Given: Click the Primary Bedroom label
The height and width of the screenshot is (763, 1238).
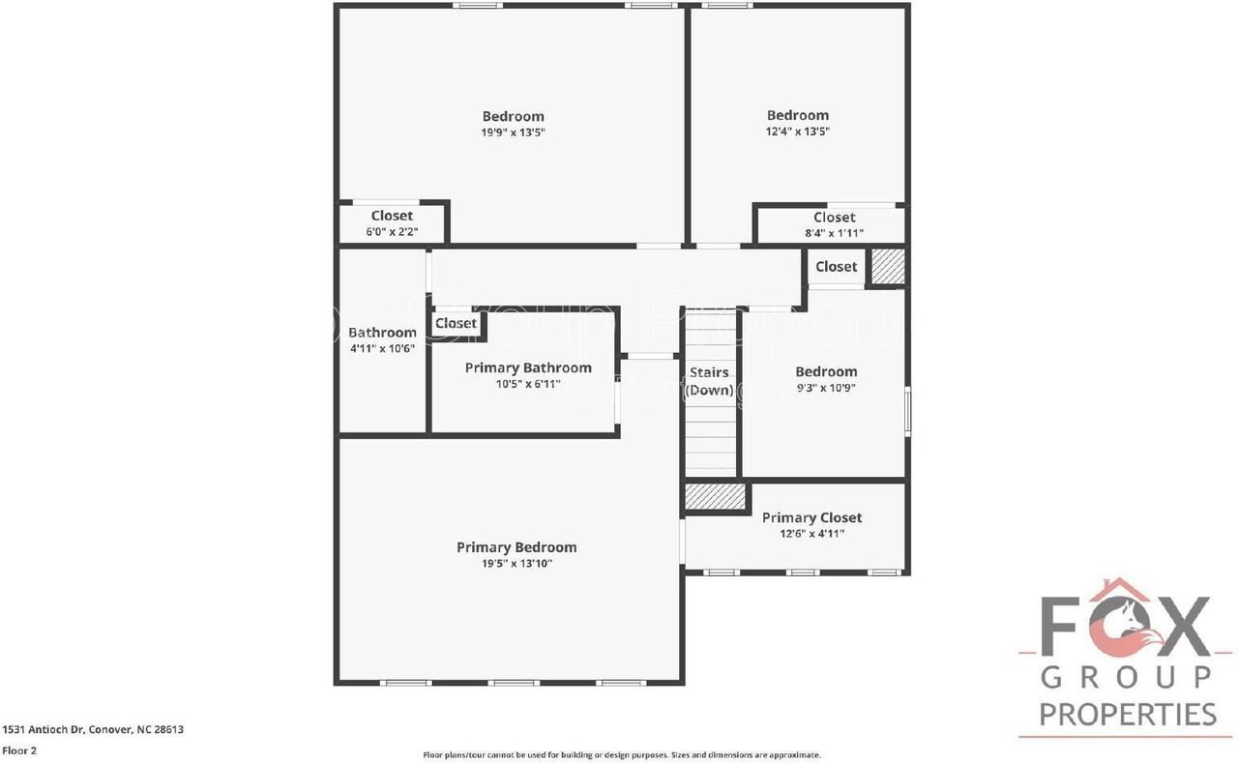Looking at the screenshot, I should [516, 547].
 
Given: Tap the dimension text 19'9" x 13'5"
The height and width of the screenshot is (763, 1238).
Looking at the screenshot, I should [513, 132].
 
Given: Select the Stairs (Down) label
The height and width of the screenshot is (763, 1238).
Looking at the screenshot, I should [709, 381].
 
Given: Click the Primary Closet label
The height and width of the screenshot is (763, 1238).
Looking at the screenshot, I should [811, 517].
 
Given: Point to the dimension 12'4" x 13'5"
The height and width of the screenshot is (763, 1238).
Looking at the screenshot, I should [798, 132].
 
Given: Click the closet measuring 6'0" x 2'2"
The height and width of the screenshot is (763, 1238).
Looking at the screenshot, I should [392, 223].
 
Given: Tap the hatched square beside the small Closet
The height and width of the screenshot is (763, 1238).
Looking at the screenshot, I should [887, 266].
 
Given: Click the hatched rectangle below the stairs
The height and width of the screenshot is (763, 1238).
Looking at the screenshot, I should [716, 497].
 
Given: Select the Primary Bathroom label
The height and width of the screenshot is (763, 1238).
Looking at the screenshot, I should [528, 367].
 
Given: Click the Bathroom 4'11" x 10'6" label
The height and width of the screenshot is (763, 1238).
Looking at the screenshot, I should [382, 339].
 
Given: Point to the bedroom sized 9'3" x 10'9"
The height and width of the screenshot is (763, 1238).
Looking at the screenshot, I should [826, 379].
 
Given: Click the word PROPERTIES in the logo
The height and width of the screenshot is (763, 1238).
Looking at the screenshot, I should [1128, 715].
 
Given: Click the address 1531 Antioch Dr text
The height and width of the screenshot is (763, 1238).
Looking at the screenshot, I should [93, 730].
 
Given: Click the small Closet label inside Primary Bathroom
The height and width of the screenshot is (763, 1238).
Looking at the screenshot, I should [456, 323].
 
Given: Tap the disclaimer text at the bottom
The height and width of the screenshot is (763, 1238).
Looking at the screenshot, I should [621, 754].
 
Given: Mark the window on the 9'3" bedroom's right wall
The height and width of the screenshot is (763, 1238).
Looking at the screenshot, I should [906, 409].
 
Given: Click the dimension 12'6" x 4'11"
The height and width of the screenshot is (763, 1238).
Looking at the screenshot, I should [811, 533].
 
